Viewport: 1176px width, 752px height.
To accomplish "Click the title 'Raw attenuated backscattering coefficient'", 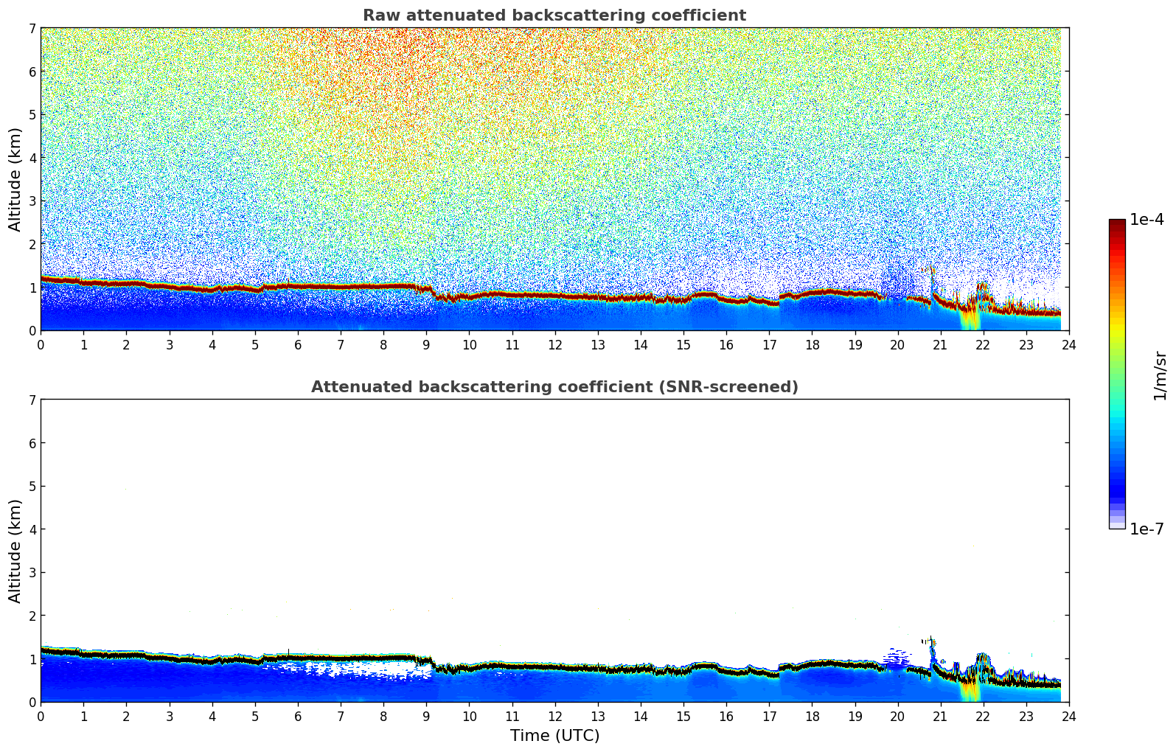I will click(554, 15).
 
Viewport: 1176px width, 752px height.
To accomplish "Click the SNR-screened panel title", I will click(554, 387).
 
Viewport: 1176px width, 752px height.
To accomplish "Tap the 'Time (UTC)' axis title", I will click(554, 736).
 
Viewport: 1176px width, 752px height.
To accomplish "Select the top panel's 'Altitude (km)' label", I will click(15, 179).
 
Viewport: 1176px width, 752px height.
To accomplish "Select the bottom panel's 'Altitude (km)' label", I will click(15, 551).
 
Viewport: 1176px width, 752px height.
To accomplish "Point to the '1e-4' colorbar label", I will click(1147, 220).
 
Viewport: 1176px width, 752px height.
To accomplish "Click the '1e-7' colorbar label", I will click(1147, 529).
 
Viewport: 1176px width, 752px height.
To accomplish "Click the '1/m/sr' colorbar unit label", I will click(1160, 375).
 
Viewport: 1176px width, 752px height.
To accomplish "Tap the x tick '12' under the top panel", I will click(554, 344).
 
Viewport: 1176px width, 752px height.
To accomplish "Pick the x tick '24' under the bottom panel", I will click(1068, 716).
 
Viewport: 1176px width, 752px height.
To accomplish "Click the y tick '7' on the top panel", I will click(32, 28).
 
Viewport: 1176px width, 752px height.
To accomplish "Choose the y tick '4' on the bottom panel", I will click(32, 529).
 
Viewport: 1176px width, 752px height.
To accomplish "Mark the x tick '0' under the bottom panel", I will click(41, 716).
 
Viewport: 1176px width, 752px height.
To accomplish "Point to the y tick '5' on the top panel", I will click(32, 114).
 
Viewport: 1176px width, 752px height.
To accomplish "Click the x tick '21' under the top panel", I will click(940, 344).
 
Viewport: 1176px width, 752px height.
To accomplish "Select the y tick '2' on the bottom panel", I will click(32, 616).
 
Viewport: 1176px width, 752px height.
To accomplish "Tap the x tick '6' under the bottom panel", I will click(298, 716).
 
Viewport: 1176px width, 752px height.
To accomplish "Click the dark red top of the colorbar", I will click(1116, 223).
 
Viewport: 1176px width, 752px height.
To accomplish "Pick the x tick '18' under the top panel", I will click(812, 344).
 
